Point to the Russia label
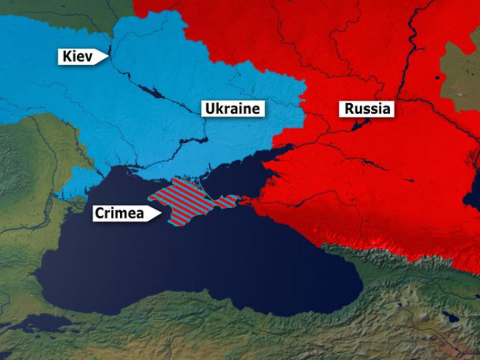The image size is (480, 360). coord(367,108)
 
